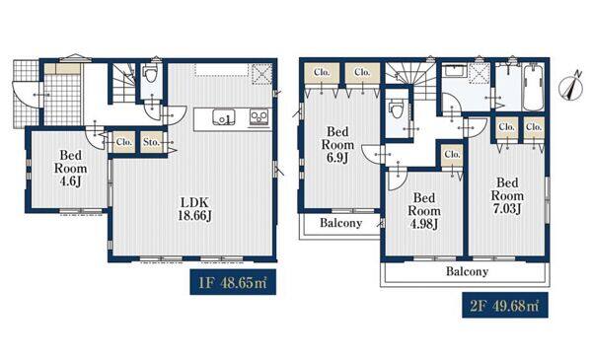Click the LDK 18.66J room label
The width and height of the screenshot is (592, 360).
(194, 209)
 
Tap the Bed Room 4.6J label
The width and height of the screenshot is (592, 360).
(71, 169)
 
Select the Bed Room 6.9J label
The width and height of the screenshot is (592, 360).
(337, 145)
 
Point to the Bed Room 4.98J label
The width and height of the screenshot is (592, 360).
(424, 211)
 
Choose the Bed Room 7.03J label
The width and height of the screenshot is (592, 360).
(507, 196)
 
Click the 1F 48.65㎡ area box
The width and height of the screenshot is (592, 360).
(233, 282)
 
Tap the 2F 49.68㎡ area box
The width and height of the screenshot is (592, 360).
(505, 305)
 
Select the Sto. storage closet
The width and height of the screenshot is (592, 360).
(152, 142)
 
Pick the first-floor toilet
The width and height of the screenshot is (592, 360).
(151, 74)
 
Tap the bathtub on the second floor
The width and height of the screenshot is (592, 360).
(533, 88)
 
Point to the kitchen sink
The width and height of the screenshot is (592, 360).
(224, 117)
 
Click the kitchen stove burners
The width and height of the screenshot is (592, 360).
(259, 117)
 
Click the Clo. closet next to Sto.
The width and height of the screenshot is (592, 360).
(124, 142)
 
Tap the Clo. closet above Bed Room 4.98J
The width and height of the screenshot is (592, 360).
(452, 155)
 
